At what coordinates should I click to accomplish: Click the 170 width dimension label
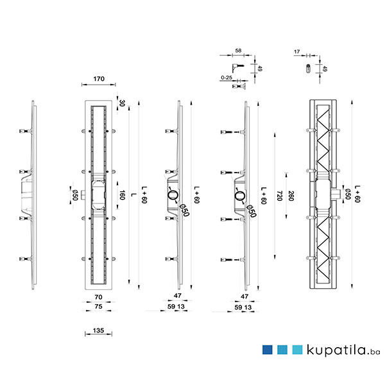[99, 79]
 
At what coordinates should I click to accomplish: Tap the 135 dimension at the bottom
[98, 330]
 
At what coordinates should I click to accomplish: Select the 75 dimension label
[98, 307]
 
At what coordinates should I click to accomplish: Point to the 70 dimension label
[98, 297]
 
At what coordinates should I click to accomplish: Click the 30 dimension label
[122, 103]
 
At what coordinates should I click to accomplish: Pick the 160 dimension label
[123, 195]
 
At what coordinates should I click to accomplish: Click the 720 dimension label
[279, 196]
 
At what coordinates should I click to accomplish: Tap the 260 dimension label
[291, 196]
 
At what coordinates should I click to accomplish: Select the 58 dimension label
[238, 51]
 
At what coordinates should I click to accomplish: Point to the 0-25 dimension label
[227, 78]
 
